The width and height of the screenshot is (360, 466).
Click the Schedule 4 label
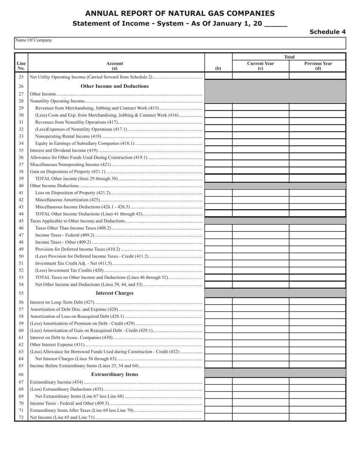pos(327,32)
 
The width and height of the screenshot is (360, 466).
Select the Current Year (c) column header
pos(260,66)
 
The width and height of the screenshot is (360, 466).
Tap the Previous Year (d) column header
pos(318,66)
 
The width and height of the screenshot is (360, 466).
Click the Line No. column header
pos(21,66)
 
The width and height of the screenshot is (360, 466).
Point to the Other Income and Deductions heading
pos(114,86)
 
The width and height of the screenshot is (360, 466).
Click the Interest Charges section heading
pos(114,293)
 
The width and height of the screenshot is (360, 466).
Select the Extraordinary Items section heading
pos(114,374)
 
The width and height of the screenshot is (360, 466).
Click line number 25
pos(21,77)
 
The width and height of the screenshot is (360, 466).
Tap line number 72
pos(21,418)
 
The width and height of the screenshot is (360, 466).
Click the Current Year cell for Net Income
pos(260,418)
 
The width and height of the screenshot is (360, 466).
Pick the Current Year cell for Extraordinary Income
pos(260,382)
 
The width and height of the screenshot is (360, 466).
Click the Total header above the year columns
pos(289,57)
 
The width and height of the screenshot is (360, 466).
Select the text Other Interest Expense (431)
pos(57,345)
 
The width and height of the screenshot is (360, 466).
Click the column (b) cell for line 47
pos(218,235)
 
